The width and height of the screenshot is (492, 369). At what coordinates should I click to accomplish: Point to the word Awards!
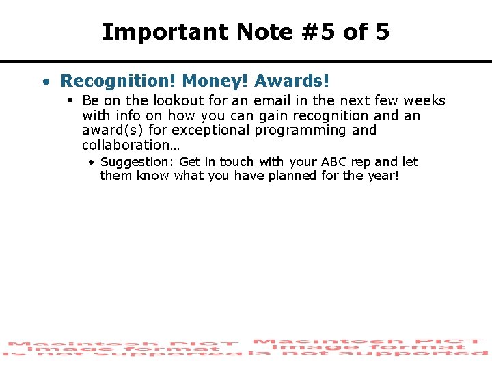[x=292, y=81]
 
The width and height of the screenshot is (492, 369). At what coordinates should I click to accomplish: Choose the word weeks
[x=424, y=101]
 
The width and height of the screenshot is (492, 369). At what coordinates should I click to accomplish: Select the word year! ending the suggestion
[x=384, y=176]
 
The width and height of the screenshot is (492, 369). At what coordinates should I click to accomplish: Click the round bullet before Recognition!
[x=45, y=83]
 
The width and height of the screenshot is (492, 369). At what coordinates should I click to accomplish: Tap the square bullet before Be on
[x=70, y=101]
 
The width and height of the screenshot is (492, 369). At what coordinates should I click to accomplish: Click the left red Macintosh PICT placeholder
[x=123, y=348]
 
